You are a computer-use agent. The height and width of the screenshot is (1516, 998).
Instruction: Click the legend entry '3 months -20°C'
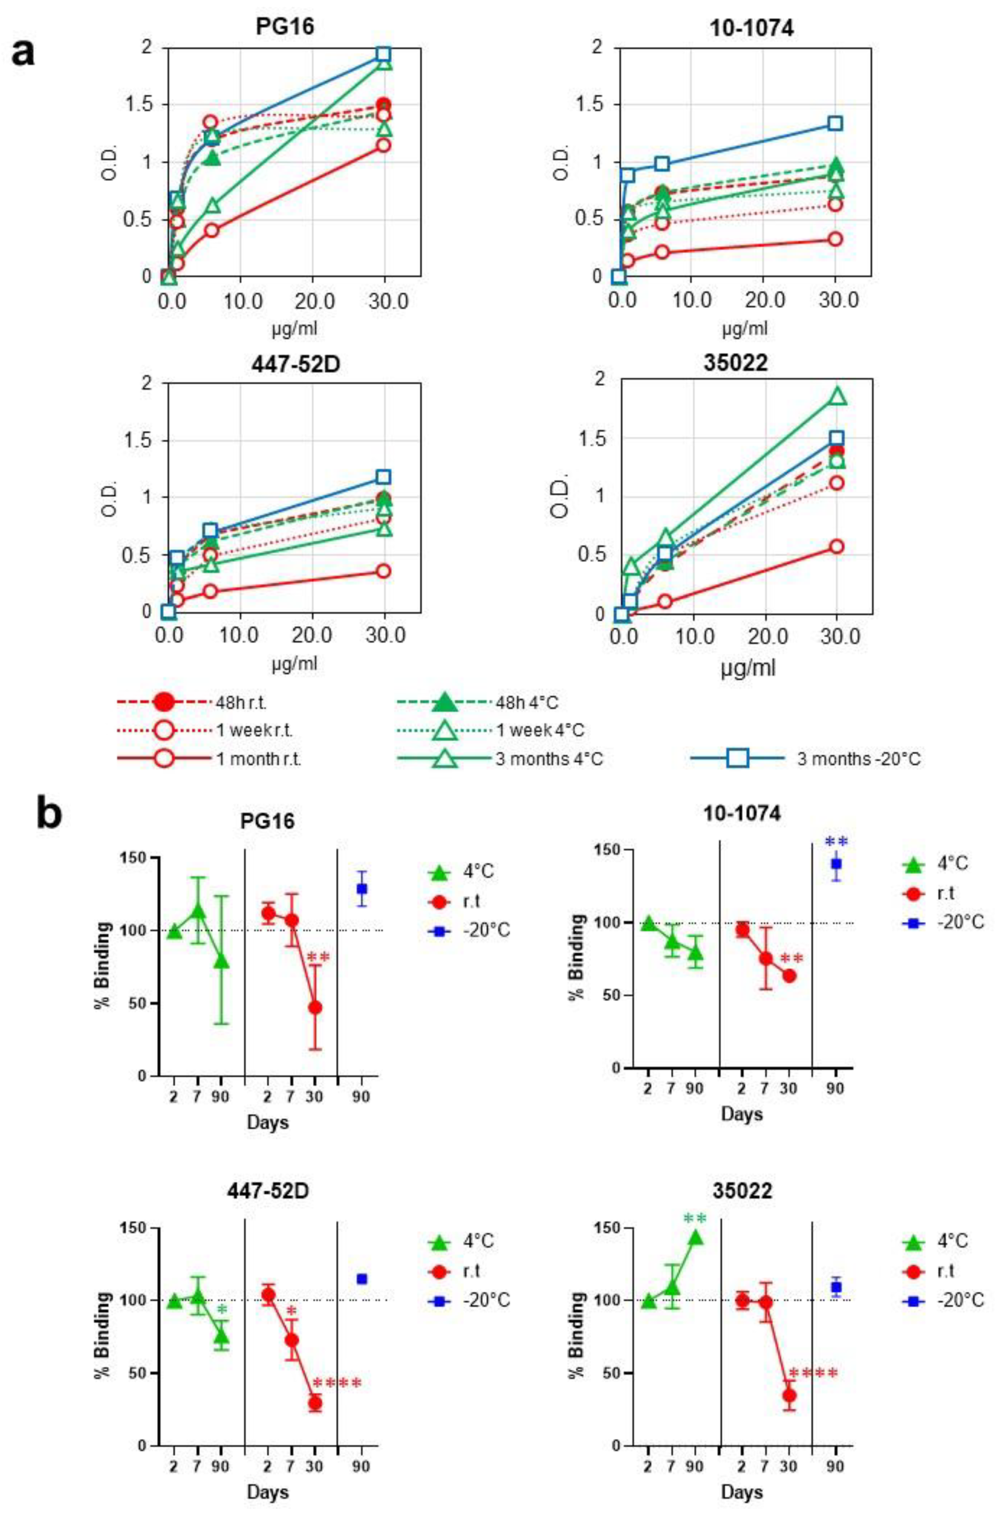point(858,759)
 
